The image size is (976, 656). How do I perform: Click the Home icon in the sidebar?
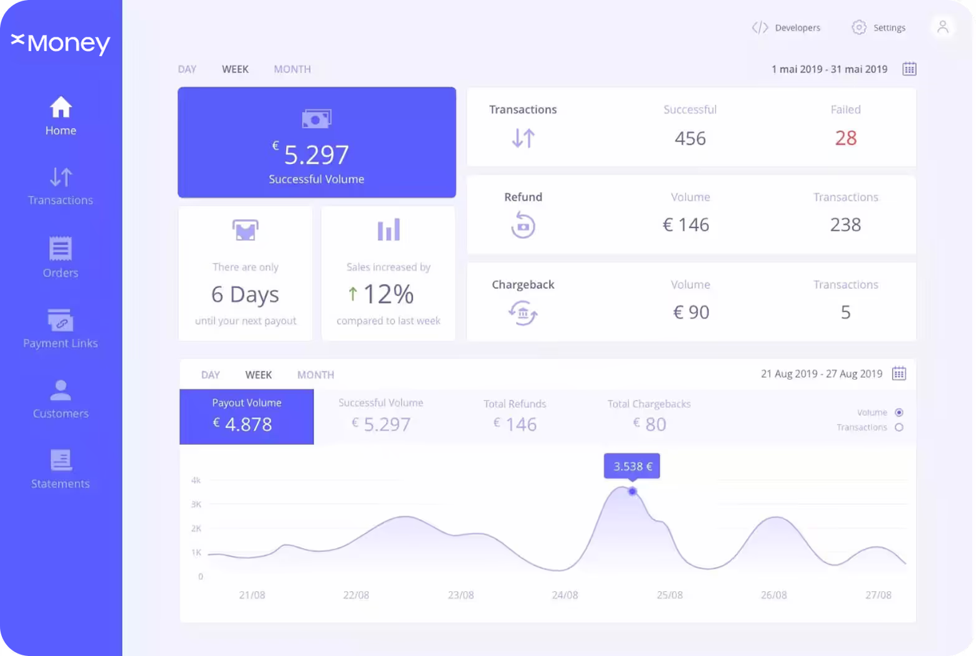coord(60,107)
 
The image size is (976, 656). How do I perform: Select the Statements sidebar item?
coord(60,469)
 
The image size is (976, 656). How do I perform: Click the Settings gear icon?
coord(859,27)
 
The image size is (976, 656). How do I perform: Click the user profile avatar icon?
coord(943,27)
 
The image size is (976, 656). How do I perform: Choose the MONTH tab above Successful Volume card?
coord(292,69)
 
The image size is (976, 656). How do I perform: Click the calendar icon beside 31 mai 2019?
coord(909,69)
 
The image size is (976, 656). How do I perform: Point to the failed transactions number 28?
coord(846,138)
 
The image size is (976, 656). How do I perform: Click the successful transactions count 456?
coord(690,138)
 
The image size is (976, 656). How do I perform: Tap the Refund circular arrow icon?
coord(523,225)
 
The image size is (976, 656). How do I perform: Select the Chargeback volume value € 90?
coord(691,312)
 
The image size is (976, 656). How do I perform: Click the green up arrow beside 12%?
coord(353,294)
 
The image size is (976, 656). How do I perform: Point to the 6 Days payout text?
coord(246,295)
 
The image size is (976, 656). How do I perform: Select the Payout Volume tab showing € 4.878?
coord(247,417)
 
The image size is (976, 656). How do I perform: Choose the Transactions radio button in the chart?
coord(899,427)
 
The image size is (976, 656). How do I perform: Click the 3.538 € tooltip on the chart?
coord(632,466)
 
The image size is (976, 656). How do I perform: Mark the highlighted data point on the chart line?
coord(632,491)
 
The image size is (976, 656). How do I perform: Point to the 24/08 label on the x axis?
coord(565,595)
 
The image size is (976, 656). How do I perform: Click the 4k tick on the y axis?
coord(196,480)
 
